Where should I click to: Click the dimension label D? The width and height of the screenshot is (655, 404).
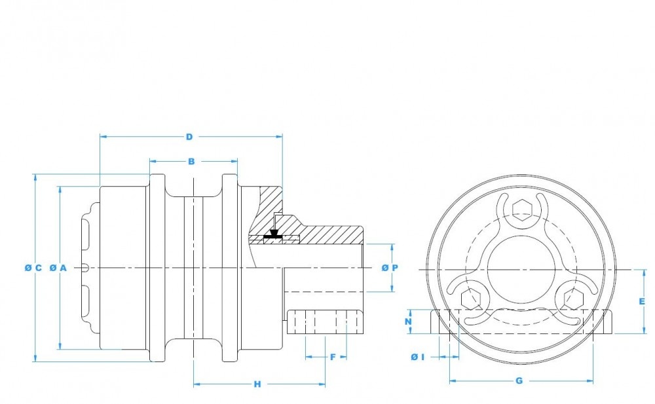[189, 137]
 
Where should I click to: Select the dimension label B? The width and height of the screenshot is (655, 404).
[191, 161]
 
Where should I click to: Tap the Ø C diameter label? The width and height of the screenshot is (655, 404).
[33, 268]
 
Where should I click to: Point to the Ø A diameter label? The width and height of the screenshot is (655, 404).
[58, 268]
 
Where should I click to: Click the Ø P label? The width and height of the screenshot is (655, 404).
[390, 268]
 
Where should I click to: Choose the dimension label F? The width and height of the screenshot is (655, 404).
[333, 358]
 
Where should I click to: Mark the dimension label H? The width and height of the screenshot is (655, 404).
[257, 384]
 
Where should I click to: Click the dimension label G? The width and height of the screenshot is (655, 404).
[519, 381]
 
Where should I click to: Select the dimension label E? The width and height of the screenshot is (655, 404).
[642, 301]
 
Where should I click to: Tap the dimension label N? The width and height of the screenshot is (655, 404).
[409, 321]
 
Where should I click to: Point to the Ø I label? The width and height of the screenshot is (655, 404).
[418, 358]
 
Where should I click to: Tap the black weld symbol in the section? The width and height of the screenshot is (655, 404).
[274, 235]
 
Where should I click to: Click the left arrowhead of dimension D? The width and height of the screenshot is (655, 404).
[104, 137]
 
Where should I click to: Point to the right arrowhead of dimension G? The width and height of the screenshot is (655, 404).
[589, 381]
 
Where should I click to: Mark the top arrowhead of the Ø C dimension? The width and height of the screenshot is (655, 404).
[35, 178]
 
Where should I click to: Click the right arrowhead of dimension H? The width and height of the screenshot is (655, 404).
[321, 384]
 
